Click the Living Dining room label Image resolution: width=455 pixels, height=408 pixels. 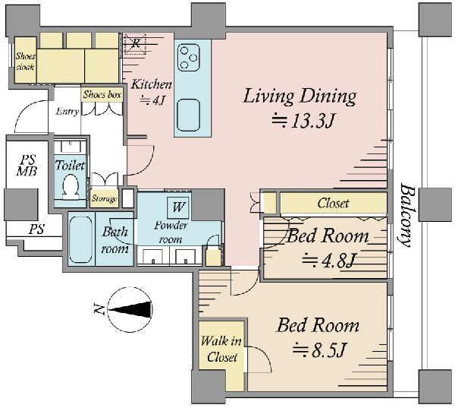click(300, 96)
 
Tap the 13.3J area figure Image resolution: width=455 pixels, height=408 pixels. click(303, 122)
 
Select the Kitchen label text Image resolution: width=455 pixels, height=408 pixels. click(152, 84)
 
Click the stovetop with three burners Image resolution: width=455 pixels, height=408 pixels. click(189, 58)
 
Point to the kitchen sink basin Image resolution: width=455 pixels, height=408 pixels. click(189, 115)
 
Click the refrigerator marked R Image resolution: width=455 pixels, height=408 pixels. click(135, 43)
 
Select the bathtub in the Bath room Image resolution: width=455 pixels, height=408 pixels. click(81, 240)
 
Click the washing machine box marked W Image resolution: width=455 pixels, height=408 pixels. click(178, 207)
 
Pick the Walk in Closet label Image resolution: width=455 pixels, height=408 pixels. click(221, 349)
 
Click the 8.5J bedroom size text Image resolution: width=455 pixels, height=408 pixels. click(320, 349)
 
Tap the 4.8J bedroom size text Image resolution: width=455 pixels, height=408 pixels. click(328, 260)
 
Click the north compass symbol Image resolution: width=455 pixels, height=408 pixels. click(130, 309)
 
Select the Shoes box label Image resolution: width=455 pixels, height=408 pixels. click(102, 94)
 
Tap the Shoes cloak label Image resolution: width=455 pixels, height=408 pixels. click(25, 62)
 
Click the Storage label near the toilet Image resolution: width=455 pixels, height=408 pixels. click(104, 198)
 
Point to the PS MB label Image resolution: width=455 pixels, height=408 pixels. click(27, 166)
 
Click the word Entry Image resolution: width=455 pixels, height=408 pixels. click(67, 112)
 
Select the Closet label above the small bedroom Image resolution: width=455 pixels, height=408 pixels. click(333, 204)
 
